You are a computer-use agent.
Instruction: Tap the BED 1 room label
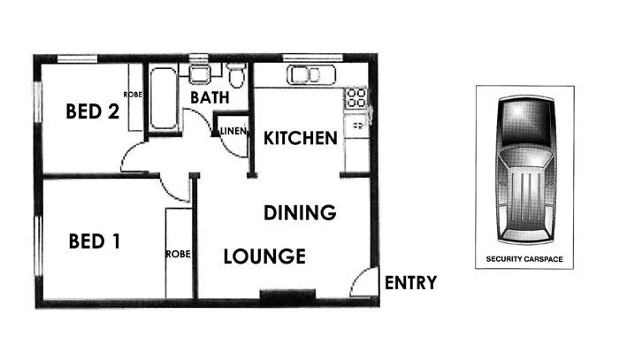tap(95, 241)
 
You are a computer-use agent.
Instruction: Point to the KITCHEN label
tap(301, 138)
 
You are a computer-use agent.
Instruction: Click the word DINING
tap(301, 212)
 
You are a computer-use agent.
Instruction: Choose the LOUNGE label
tap(264, 257)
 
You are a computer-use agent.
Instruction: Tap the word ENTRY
tap(410, 283)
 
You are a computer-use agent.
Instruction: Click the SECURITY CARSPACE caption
tap(524, 260)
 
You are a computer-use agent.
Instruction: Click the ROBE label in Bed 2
tap(133, 95)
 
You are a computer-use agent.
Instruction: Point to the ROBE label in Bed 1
tap(178, 254)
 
